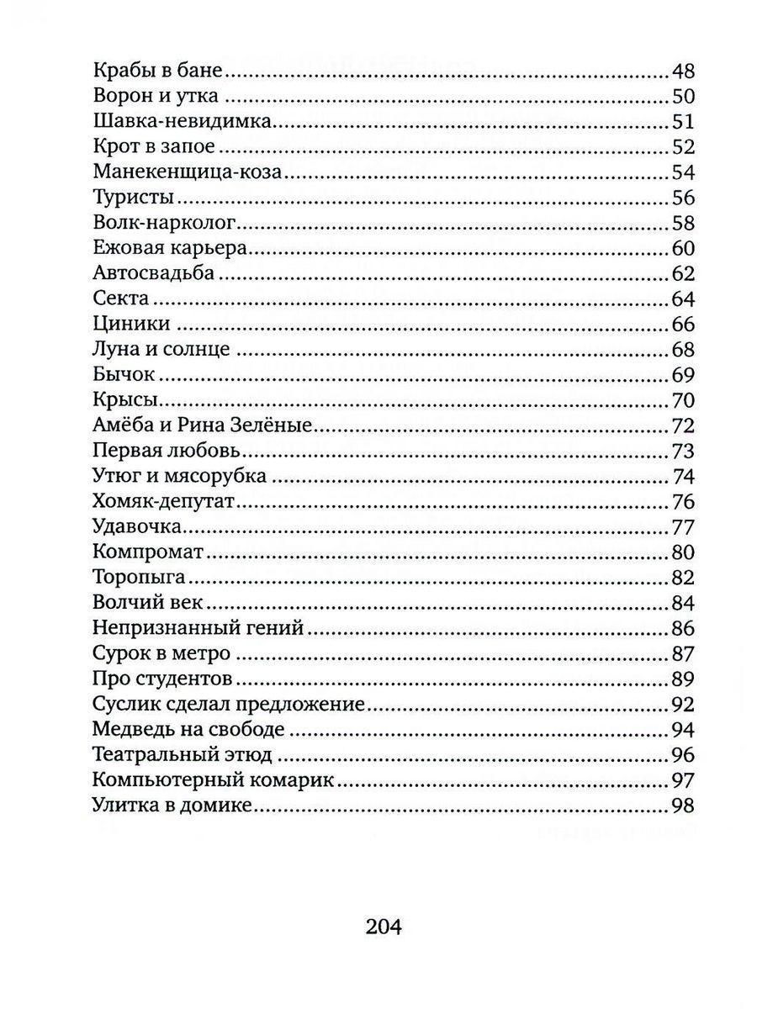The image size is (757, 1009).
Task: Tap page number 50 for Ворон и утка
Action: point(681,97)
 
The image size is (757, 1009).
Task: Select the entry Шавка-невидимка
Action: point(181,122)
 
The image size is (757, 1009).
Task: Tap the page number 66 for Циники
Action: point(681,325)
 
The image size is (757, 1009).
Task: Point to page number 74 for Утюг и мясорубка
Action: point(682,477)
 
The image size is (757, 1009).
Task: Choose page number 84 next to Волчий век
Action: point(681,603)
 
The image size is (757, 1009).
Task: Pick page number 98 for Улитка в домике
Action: point(681,806)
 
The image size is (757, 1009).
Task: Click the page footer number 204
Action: point(385,927)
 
